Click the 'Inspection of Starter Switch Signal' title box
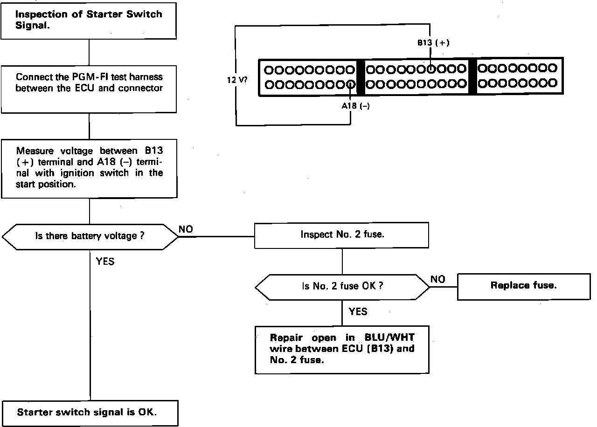pos(89,20)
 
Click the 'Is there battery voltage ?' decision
pos(90,236)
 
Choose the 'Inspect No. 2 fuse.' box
pos(342,234)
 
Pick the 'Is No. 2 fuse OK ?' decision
pos(342,286)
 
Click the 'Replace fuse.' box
pos(523,286)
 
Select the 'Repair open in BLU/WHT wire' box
pos(342,349)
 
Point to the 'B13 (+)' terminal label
pos(433,43)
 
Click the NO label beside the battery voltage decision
pos(186,229)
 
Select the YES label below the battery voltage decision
pos(105,262)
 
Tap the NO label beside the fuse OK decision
pos(437,279)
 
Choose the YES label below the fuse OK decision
pos(358,311)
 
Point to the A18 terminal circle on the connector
pos(351,84)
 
